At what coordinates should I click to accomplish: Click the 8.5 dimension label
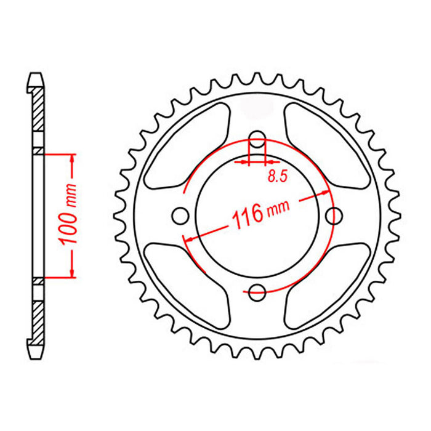tap(277, 177)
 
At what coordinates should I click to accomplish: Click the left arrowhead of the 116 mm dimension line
tap(190, 238)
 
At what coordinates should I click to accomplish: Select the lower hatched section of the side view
tap(38, 314)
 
